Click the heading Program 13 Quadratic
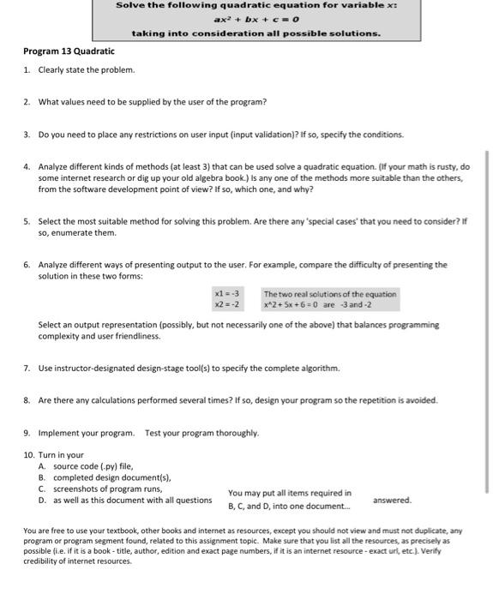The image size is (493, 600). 69,51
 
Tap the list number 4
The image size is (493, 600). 27,166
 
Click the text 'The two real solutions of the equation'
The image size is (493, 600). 330,294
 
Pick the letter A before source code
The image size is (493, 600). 42,466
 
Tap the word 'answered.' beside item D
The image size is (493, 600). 393,500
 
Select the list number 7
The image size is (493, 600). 27,369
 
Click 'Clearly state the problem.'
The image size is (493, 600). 87,69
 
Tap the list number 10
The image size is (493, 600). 28,454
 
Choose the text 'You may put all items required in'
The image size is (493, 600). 290,493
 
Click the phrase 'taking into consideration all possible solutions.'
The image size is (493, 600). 256,33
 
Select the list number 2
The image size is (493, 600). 27,102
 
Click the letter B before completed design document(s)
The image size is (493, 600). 42,477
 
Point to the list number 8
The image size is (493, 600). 27,400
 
